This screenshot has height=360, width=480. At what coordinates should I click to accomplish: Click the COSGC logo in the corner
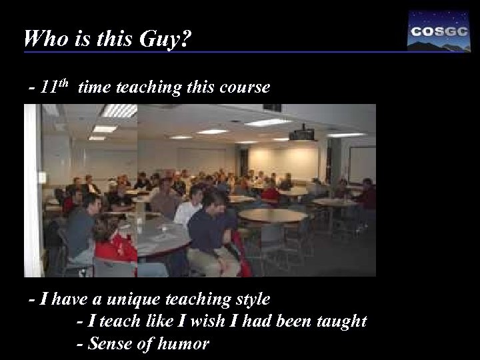click(x=437, y=31)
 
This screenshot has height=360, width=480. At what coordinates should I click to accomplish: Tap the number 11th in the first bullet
click(x=55, y=87)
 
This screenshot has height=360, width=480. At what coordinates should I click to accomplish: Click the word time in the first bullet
click(x=94, y=87)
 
